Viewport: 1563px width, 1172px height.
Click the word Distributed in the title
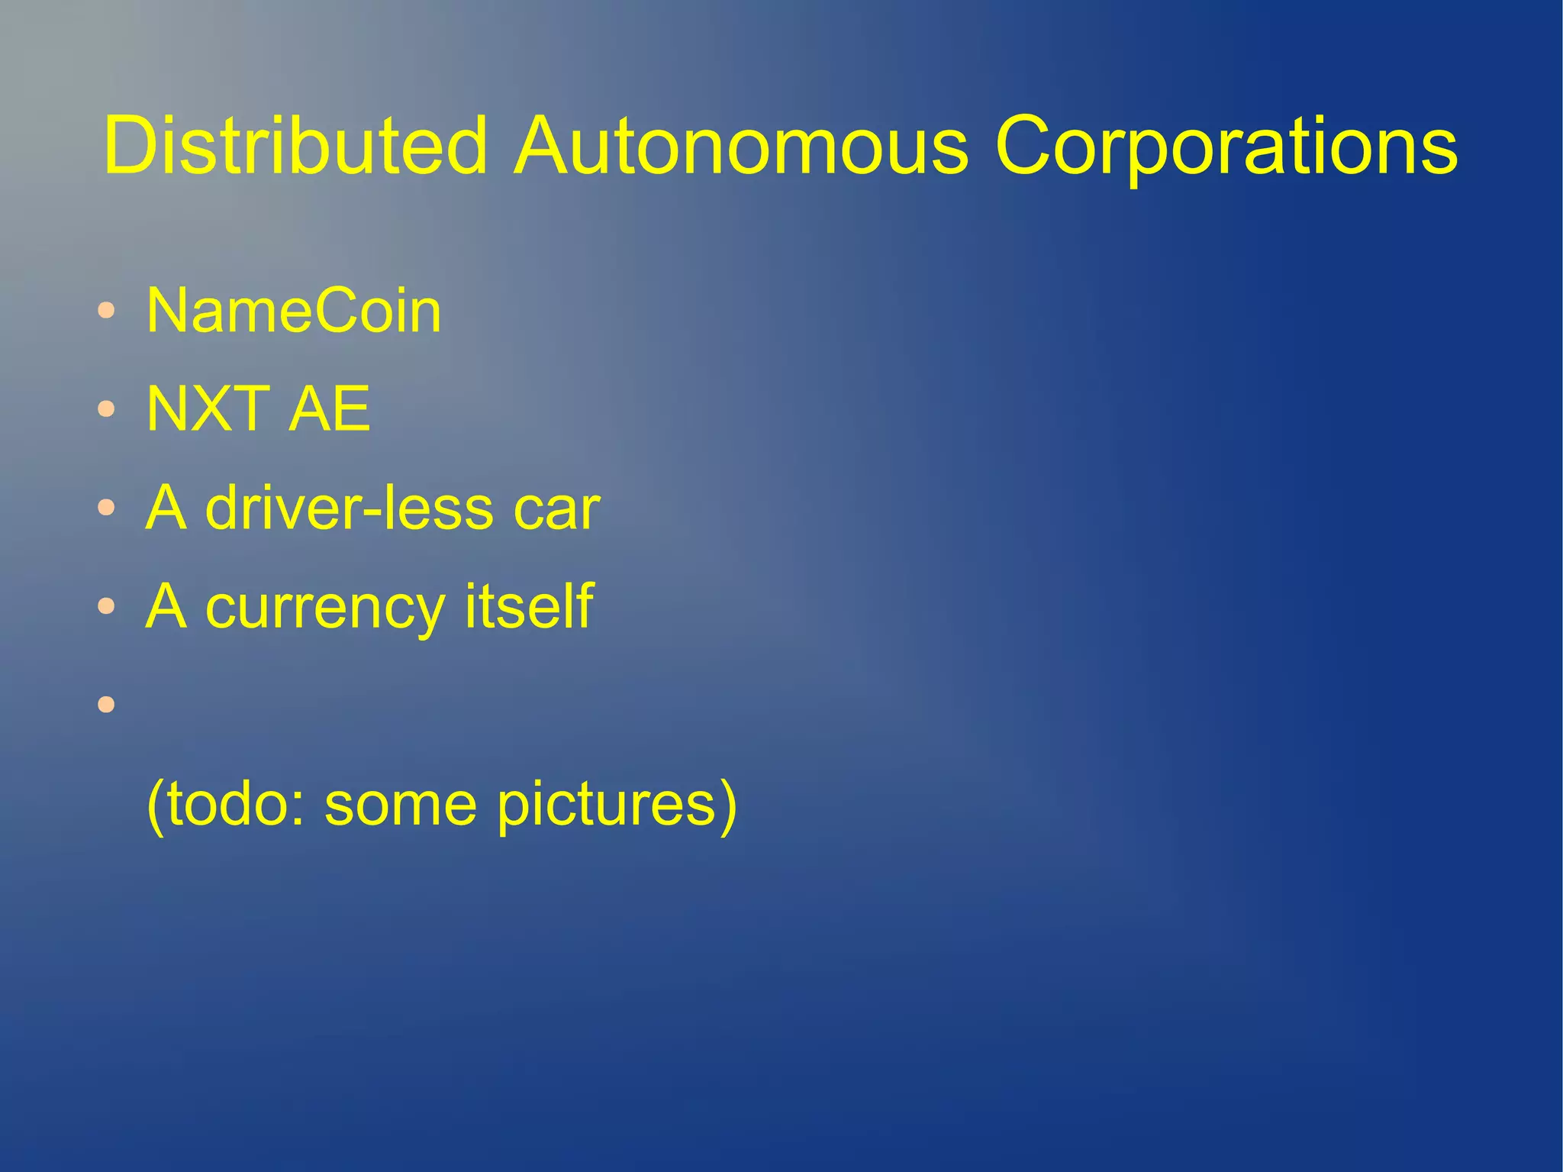tap(295, 145)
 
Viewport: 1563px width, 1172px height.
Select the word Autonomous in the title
tap(740, 145)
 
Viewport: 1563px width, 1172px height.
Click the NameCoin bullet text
tap(294, 312)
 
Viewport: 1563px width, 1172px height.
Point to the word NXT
tap(208, 409)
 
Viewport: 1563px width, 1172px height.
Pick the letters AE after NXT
tap(329, 409)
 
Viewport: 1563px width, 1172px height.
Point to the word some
tap(401, 805)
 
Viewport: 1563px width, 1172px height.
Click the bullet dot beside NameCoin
tap(107, 311)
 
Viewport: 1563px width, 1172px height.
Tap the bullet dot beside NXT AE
tap(107, 409)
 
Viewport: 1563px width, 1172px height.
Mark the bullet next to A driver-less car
tap(107, 508)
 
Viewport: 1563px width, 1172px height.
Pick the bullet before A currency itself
tap(107, 606)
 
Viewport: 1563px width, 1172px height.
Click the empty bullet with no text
tap(107, 704)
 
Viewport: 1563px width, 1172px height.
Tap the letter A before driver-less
tap(166, 508)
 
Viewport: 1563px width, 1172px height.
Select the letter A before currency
tap(166, 606)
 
